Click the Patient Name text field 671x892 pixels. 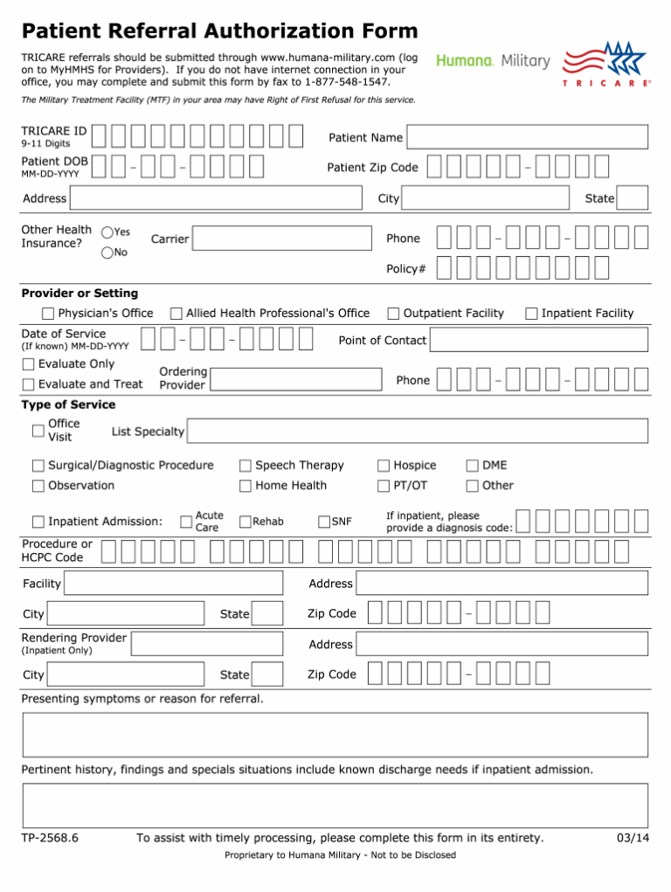pyautogui.click(x=528, y=138)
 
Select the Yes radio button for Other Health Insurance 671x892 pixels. pyautogui.click(x=107, y=232)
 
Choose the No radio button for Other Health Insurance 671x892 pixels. pyautogui.click(x=107, y=253)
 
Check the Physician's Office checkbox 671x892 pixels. pyautogui.click(x=50, y=314)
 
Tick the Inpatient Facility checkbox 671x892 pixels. pyautogui.click(x=531, y=314)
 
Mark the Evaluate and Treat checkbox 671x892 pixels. pyautogui.click(x=29, y=384)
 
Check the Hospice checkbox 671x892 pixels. pyautogui.click(x=384, y=466)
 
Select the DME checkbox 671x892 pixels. pyautogui.click(x=473, y=466)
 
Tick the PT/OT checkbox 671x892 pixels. pyautogui.click(x=384, y=486)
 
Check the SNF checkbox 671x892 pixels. pyautogui.click(x=324, y=522)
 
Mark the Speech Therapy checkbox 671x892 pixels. pyautogui.click(x=246, y=466)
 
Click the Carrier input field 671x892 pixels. pyautogui.click(x=280, y=239)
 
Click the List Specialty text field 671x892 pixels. pyautogui.click(x=418, y=432)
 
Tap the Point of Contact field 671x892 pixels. pyautogui.click(x=539, y=341)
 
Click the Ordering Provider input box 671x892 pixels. pyautogui.click(x=296, y=378)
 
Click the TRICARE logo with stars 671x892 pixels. pyautogui.click(x=606, y=63)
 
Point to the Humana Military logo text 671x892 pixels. pyautogui.click(x=494, y=61)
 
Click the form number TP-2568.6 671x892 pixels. pyautogui.click(x=50, y=839)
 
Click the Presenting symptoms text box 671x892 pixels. pyautogui.click(x=335, y=735)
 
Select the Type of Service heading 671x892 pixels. pyautogui.click(x=68, y=405)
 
